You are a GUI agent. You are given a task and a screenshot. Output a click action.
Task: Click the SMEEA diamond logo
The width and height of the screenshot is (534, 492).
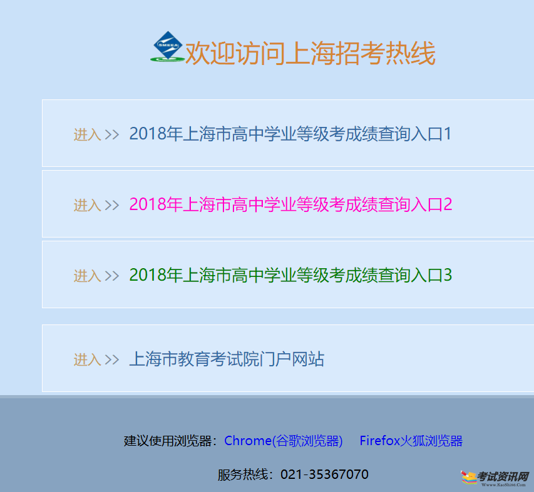[x=167, y=47]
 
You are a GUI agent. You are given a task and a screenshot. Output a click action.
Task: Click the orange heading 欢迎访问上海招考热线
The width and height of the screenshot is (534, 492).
[x=311, y=53]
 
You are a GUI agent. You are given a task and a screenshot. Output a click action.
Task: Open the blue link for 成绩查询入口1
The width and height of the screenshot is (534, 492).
[x=290, y=134]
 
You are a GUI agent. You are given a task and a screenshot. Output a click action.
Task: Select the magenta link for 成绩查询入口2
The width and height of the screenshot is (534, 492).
[x=291, y=204]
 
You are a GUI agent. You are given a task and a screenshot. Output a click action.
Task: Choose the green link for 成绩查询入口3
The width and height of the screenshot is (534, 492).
[x=291, y=275]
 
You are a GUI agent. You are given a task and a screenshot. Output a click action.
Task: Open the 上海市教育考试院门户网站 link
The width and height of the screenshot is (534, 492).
[x=227, y=359]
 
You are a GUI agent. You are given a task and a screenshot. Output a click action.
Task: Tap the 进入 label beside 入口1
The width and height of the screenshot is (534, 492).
[x=88, y=134]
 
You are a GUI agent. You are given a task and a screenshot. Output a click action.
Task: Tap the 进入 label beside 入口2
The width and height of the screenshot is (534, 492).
[x=88, y=206]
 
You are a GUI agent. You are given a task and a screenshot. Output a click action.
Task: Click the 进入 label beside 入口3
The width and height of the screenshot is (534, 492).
[x=88, y=276]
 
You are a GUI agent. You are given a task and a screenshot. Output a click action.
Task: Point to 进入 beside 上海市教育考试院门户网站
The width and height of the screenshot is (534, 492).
[x=88, y=359]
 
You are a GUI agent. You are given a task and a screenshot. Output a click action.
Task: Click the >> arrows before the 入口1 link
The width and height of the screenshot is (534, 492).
[x=112, y=134]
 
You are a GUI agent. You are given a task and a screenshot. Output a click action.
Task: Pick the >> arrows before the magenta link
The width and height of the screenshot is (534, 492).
[x=112, y=206]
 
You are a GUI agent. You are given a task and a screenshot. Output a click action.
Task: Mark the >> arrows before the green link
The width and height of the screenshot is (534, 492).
[x=112, y=276]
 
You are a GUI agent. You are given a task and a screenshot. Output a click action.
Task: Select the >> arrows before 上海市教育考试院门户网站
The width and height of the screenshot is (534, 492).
[x=112, y=359]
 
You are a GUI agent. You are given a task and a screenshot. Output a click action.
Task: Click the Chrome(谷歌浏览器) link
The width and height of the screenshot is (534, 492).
[x=284, y=441]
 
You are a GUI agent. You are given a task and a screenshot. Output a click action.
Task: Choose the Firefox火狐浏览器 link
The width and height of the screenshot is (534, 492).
[x=411, y=441]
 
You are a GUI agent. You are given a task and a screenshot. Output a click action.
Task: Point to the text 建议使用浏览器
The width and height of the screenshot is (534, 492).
[x=168, y=441]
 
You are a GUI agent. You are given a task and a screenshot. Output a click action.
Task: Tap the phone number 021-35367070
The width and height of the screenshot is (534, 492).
[x=324, y=474]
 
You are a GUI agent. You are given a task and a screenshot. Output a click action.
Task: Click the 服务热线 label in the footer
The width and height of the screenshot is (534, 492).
[x=243, y=474]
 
